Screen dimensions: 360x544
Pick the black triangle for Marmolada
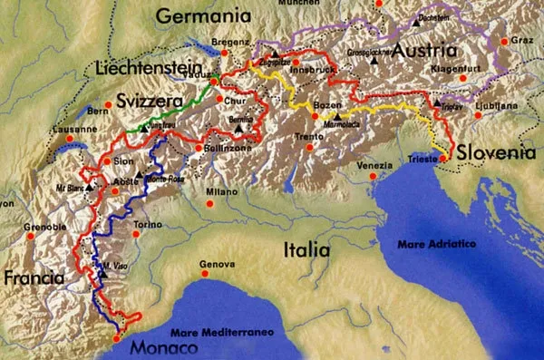point(336,117)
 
